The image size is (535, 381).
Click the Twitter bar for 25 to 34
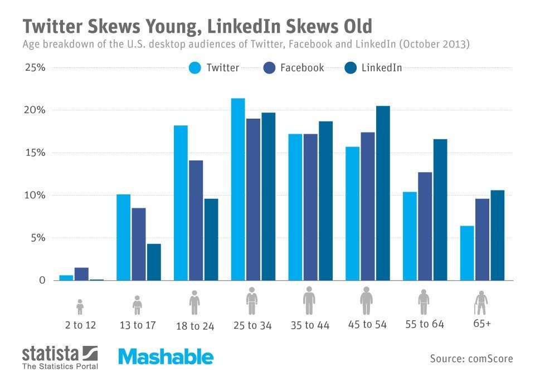pyautogui.click(x=238, y=189)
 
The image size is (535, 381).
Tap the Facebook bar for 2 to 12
pyautogui.click(x=81, y=274)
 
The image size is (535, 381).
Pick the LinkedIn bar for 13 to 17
pyautogui.click(x=153, y=262)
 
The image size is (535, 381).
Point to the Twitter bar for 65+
pyautogui.click(x=467, y=253)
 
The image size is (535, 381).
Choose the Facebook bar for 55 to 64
pyautogui.click(x=425, y=226)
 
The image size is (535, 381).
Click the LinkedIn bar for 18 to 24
pyautogui.click(x=211, y=240)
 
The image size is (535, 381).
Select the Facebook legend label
pyautogui.click(x=302, y=68)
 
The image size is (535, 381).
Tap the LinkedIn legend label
pyautogui.click(x=382, y=68)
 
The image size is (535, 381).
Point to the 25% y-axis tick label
pyautogui.click(x=35, y=68)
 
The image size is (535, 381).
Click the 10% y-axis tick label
pyautogui.click(x=35, y=196)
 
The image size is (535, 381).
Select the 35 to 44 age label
pyautogui.click(x=310, y=325)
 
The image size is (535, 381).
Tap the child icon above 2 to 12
pyautogui.click(x=80, y=306)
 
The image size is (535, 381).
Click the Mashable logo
pyautogui.click(x=165, y=357)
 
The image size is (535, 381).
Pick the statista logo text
pyautogui.click(x=51, y=353)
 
